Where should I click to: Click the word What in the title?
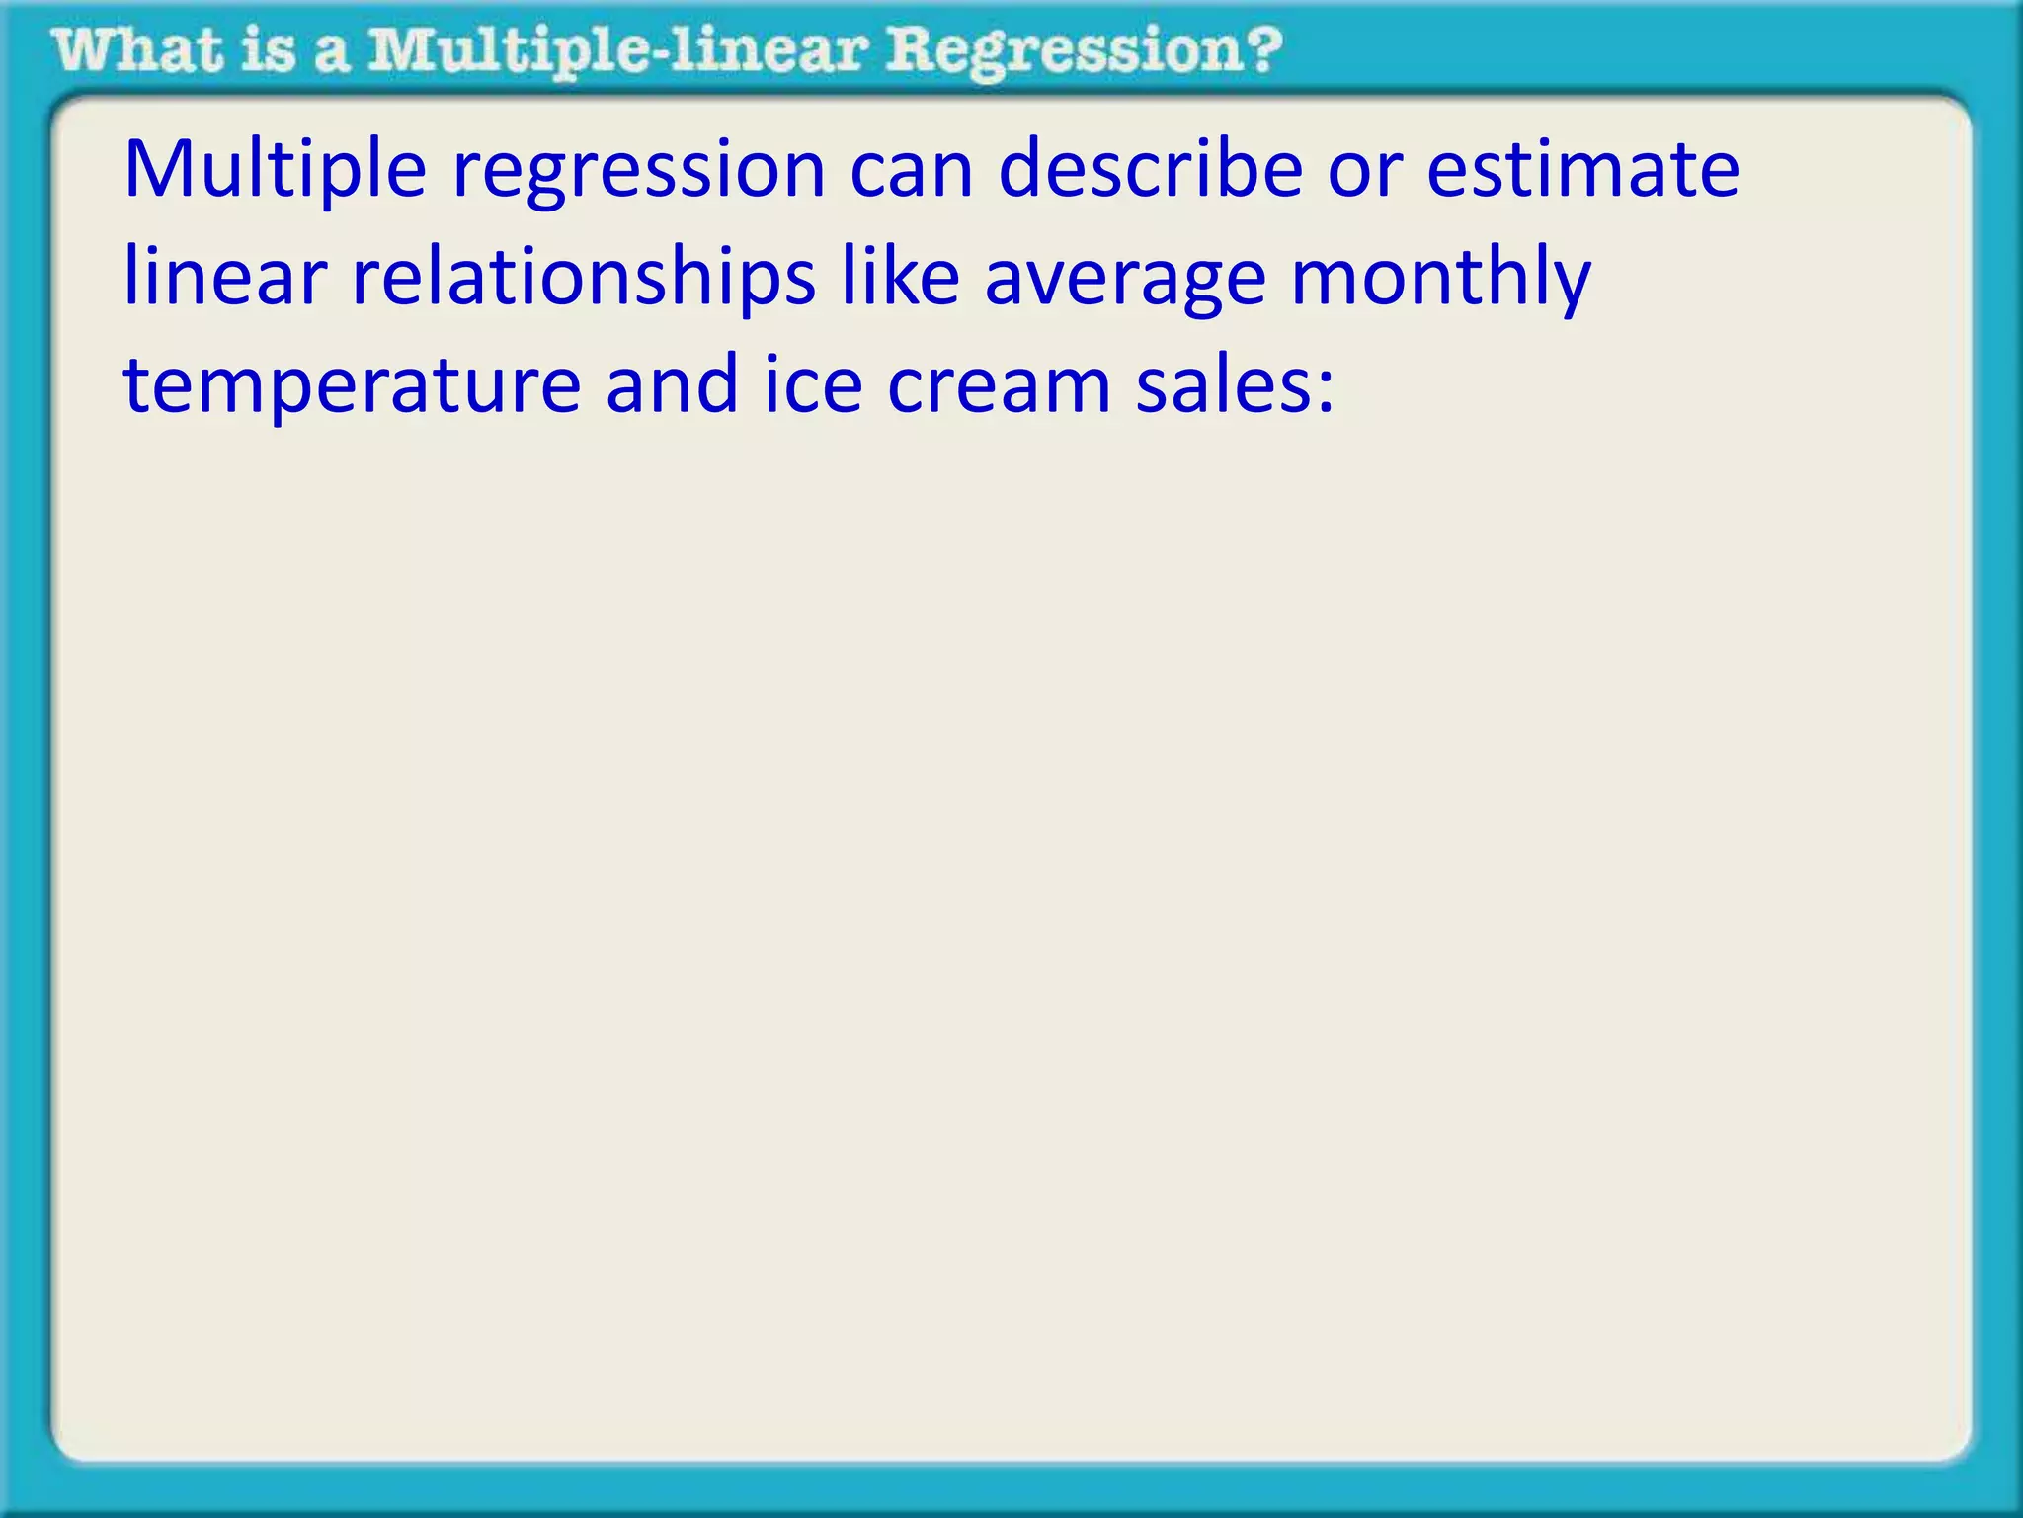(x=137, y=51)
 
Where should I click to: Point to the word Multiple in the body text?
(x=275, y=170)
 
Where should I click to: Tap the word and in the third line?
(x=672, y=385)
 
